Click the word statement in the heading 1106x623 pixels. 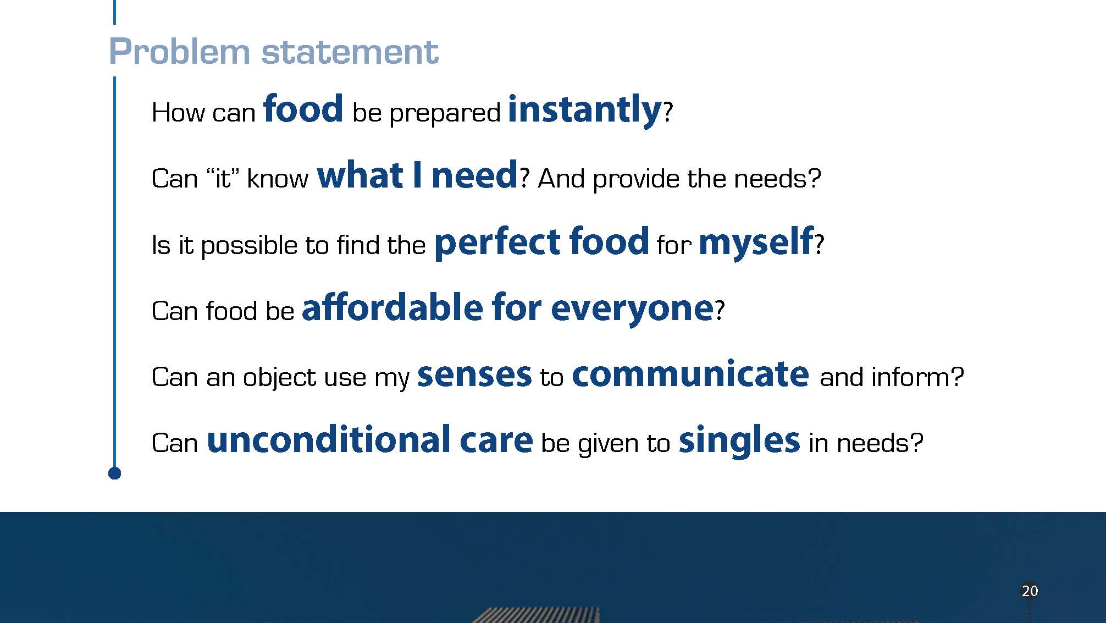[x=350, y=52]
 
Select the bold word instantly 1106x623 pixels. [x=584, y=111]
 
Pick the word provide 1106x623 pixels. [x=636, y=179]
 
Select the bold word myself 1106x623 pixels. [x=756, y=242]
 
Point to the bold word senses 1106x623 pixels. [x=474, y=375]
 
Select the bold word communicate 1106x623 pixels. [x=690, y=373]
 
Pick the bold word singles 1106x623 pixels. [x=739, y=442]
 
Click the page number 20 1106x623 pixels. [x=1030, y=591]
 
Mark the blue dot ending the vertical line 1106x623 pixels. [x=114, y=473]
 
